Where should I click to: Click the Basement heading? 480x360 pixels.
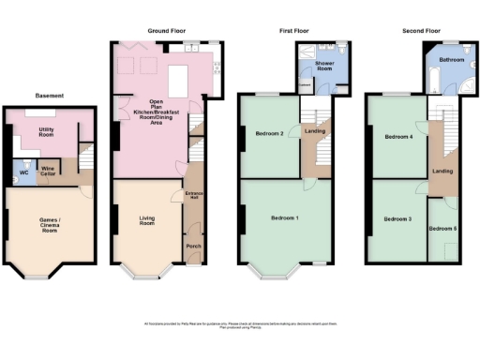point(49,96)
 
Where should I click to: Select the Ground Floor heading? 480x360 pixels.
point(166,31)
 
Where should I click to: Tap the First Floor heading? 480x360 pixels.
point(294,31)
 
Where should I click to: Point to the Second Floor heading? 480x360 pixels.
point(422,31)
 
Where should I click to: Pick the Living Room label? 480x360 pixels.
point(146,221)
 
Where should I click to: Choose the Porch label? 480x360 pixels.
point(194,247)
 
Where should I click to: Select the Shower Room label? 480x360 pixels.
point(324,67)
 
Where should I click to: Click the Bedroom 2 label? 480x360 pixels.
point(269,133)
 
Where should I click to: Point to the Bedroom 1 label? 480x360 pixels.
point(285,217)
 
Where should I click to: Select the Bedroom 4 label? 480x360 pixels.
point(397,137)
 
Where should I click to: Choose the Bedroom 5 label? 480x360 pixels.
point(443,228)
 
